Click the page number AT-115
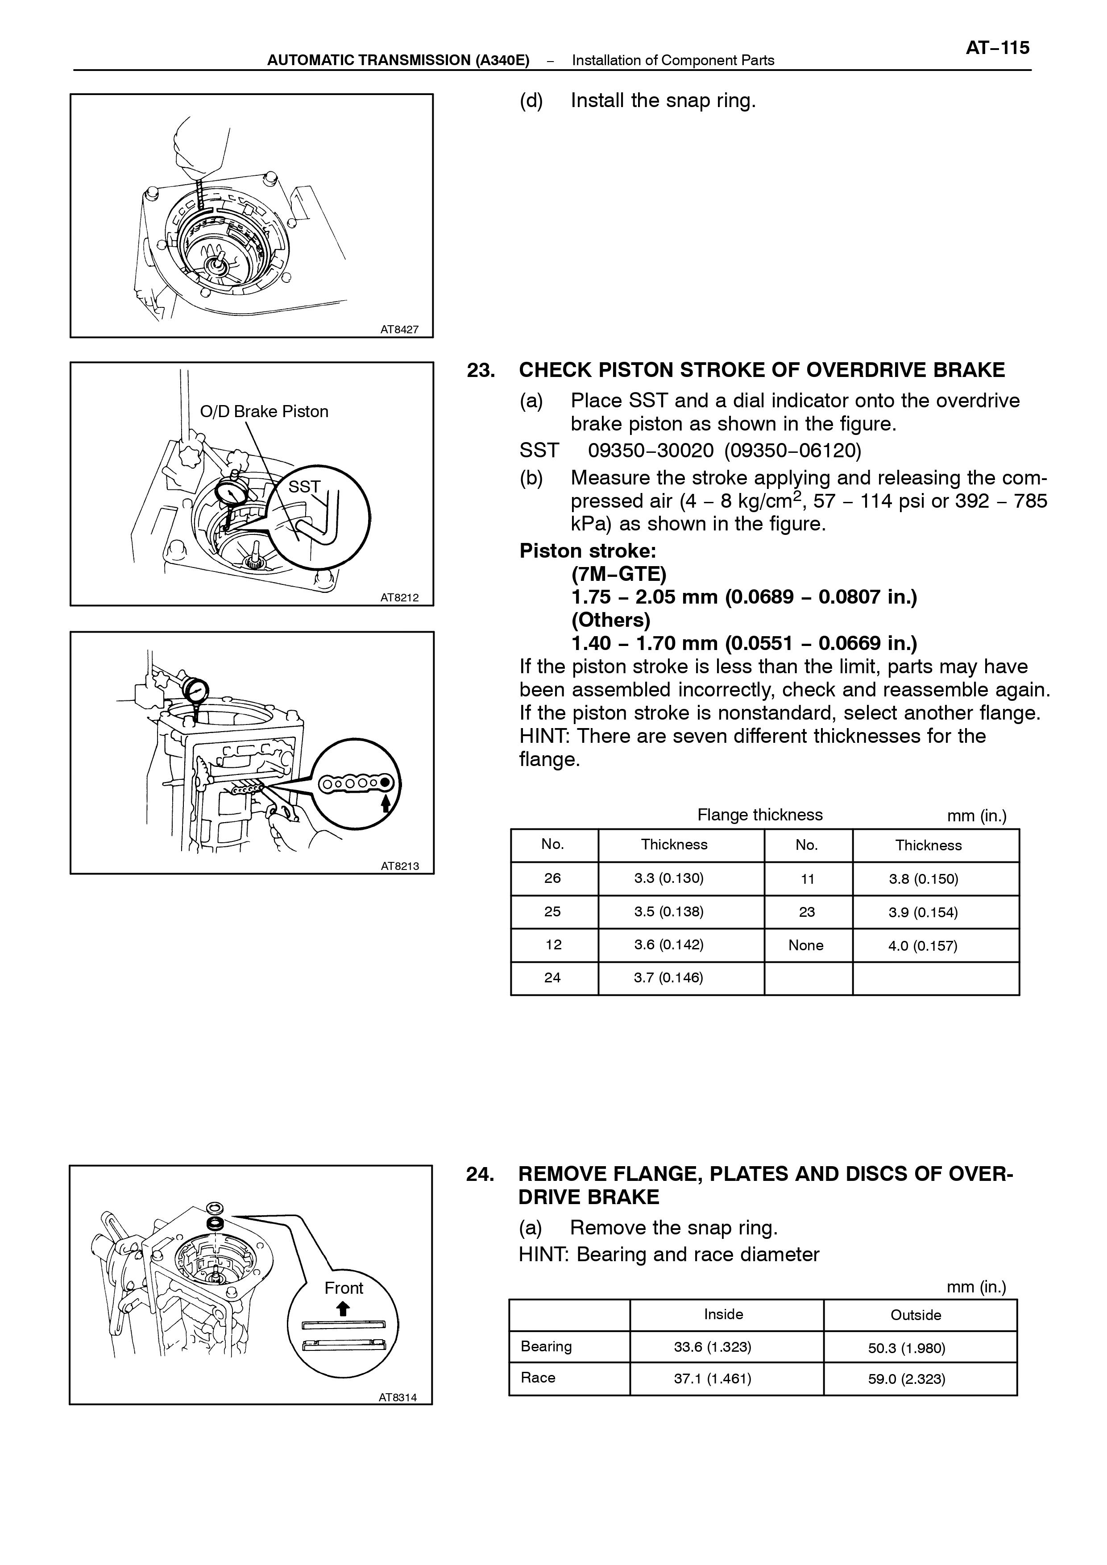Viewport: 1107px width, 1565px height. (x=997, y=48)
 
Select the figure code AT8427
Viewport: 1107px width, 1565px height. (x=399, y=329)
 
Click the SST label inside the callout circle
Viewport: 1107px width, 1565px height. (x=304, y=487)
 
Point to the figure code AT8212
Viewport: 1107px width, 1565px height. (x=399, y=598)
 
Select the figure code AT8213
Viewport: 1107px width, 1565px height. (x=399, y=866)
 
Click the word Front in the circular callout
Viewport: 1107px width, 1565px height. (x=344, y=1288)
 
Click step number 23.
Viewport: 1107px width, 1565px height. (x=481, y=370)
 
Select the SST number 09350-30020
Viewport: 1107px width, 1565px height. (x=651, y=451)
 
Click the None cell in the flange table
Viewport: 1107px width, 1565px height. (x=806, y=945)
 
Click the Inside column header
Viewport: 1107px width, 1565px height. (x=724, y=1314)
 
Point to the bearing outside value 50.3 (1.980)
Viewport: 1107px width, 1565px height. (x=907, y=1348)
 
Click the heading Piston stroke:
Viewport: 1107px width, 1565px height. (x=588, y=551)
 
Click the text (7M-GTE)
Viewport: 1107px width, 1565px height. (x=619, y=574)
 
